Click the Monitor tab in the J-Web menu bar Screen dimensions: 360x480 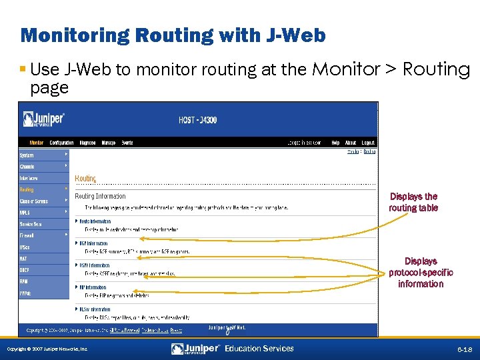[36, 143]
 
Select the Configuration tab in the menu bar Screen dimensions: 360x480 [61, 143]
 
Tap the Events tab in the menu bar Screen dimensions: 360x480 [127, 143]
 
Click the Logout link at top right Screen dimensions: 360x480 [368, 143]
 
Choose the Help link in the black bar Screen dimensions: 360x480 [335, 143]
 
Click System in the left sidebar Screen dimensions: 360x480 [27, 155]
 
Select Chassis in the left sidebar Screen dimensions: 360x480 [27, 166]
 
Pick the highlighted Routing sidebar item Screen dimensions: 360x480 [27, 189]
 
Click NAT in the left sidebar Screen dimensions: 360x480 [24, 258]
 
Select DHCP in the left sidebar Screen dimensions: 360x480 [25, 269]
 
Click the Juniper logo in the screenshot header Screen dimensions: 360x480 [43, 119]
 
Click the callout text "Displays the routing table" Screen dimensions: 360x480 [413, 202]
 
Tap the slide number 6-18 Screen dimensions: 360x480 [464, 349]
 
